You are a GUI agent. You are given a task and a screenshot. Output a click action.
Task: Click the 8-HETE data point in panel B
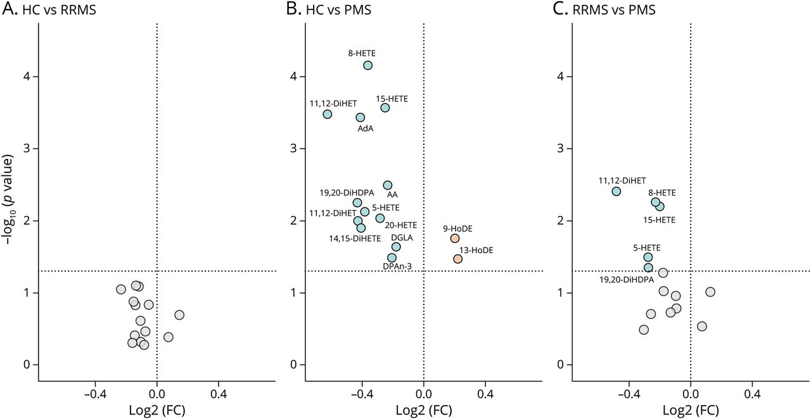(367, 65)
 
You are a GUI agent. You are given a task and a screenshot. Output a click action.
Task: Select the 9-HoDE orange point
(455, 238)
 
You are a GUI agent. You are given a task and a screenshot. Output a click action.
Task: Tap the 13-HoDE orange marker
(458, 259)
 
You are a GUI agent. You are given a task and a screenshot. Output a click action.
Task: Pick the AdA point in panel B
(361, 117)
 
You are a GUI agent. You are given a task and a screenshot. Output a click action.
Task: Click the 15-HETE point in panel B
(385, 108)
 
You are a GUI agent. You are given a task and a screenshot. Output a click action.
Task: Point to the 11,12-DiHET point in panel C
(616, 191)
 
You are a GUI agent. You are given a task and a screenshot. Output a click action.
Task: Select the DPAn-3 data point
(392, 258)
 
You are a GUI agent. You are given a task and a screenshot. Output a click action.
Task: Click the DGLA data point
(396, 247)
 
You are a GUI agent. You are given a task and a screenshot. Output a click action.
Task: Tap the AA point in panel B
(387, 185)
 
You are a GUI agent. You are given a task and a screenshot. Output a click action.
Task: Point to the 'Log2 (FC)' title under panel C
(691, 410)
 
